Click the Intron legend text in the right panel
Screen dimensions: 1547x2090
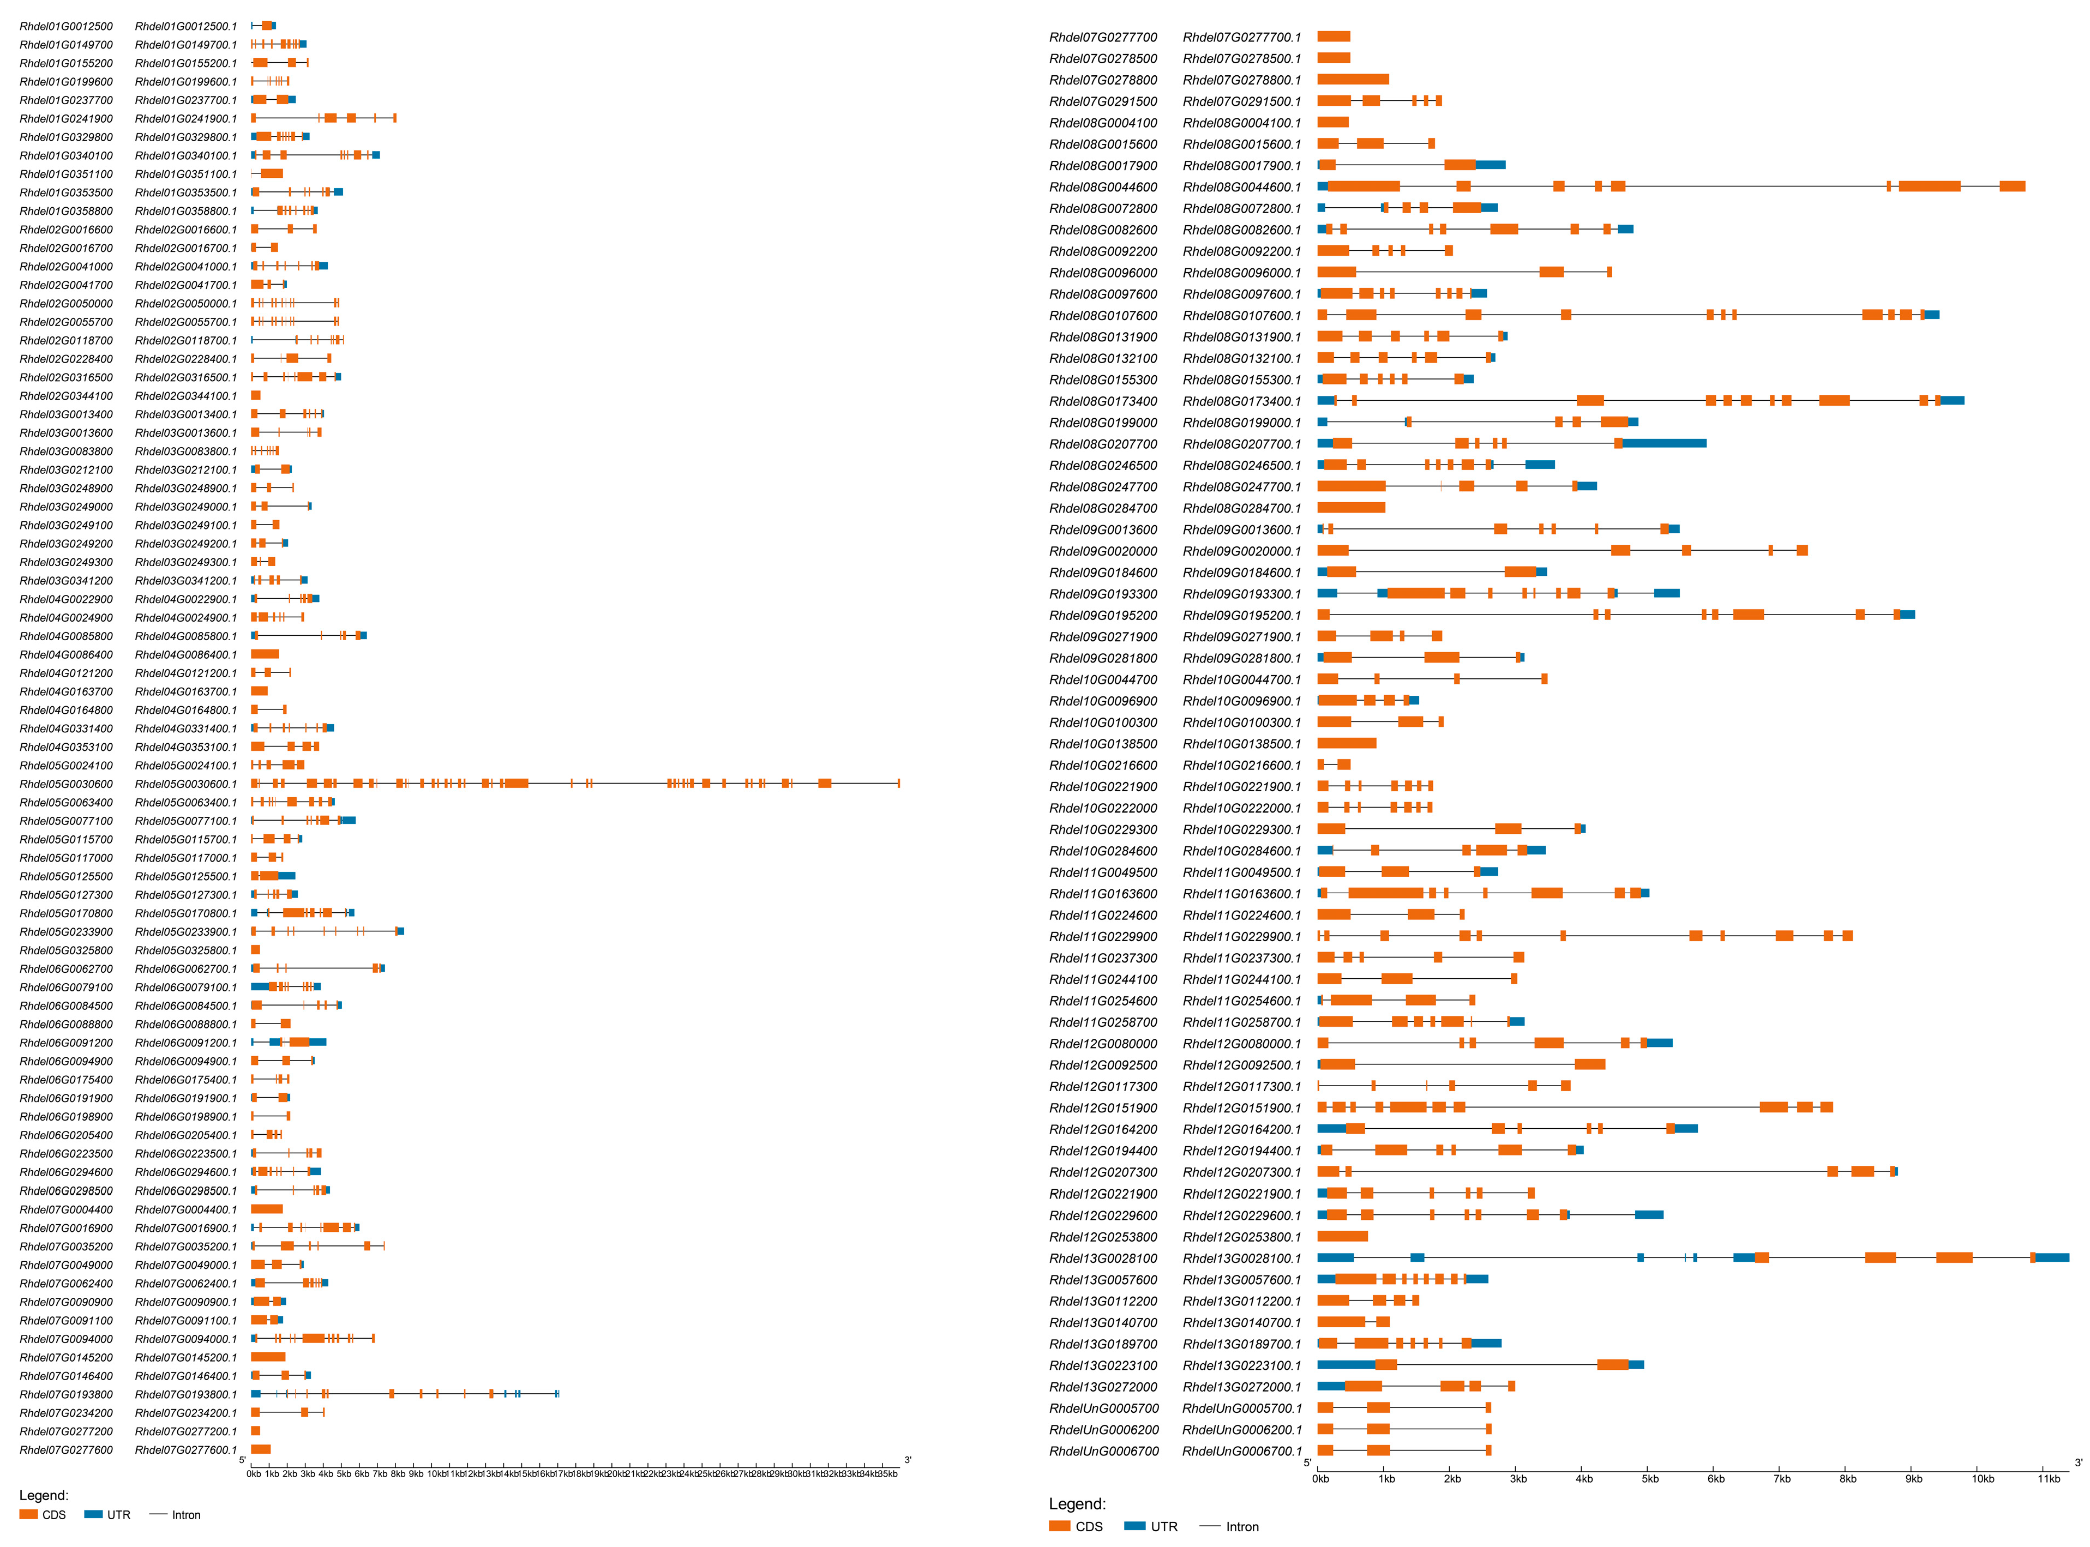click(x=1242, y=1526)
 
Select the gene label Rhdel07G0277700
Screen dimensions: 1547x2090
click(x=1103, y=38)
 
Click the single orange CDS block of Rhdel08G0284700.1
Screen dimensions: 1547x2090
click(x=1350, y=508)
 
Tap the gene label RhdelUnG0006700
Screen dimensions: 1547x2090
click(x=1103, y=1450)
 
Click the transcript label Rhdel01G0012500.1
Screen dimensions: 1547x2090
click(x=185, y=26)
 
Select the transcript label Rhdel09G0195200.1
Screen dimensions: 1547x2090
click(x=1242, y=615)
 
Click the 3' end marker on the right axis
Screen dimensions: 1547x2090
click(x=2078, y=1462)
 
